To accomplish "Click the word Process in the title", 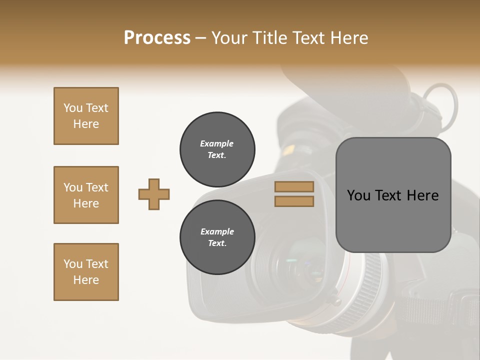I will click(157, 38).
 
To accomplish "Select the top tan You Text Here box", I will click(86, 116).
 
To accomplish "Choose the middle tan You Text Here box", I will click(86, 195).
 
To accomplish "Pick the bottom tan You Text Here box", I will click(86, 272).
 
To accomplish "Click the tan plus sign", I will click(154, 194).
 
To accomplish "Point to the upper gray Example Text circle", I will click(217, 149).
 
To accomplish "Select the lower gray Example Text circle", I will click(217, 237).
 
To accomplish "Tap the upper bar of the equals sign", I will click(294, 186).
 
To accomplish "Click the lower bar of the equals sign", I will click(294, 201).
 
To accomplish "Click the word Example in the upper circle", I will click(217, 143).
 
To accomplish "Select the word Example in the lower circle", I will click(217, 231).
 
